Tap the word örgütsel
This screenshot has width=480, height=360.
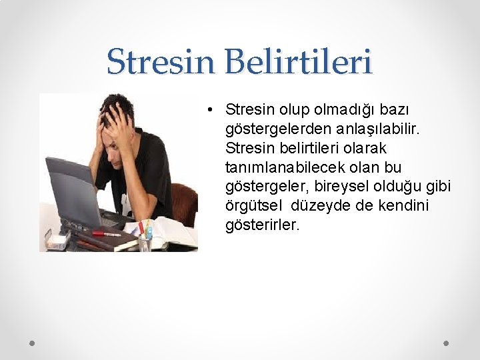(x=257, y=205)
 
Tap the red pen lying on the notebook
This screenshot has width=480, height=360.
(x=106, y=234)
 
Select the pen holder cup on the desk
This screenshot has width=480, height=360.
(x=145, y=239)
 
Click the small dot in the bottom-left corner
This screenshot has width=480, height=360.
(x=32, y=343)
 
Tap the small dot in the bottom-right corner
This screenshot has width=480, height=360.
(x=447, y=343)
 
